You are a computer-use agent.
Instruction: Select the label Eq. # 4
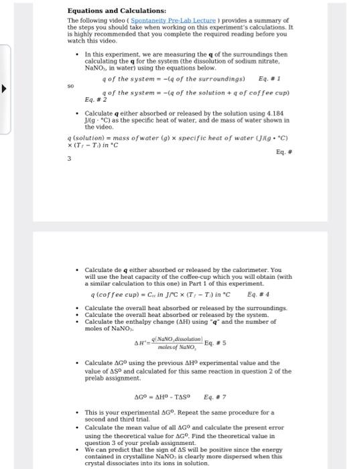point(257,294)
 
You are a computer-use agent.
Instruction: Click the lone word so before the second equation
point(70,85)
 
